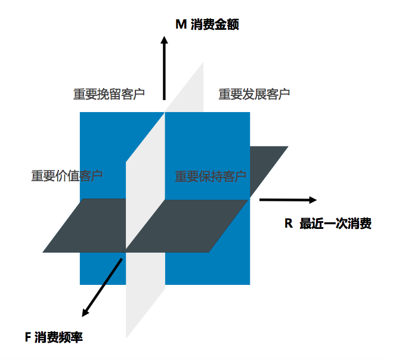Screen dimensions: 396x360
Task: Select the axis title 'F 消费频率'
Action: point(54,337)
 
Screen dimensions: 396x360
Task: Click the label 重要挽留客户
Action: point(109,94)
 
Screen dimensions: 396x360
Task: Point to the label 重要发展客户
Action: point(254,94)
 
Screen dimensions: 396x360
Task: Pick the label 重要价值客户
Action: point(67,176)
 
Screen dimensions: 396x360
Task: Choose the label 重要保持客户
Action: point(211,176)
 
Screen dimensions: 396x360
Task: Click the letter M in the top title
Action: point(181,24)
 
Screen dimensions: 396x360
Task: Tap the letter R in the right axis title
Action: point(288,224)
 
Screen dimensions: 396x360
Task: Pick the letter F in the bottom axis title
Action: point(28,337)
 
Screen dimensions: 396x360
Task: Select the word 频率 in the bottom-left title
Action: point(71,337)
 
